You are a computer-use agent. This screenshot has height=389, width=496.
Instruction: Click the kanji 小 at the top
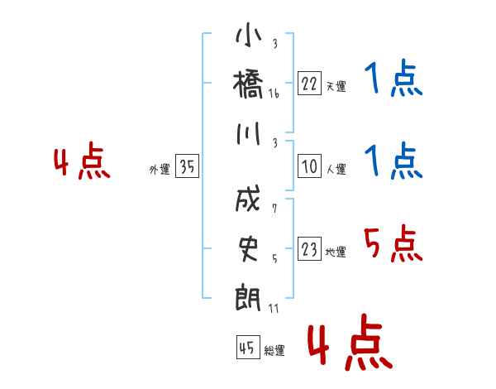point(249,35)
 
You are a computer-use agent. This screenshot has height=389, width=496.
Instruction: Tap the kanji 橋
point(248,84)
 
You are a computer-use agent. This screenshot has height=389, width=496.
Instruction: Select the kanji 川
point(249,134)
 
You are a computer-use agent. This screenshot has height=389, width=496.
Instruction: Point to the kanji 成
point(248,199)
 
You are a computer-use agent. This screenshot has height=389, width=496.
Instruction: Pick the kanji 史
point(248,249)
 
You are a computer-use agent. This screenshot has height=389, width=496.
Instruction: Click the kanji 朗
point(248,297)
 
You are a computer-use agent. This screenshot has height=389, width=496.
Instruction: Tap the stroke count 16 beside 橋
point(274,94)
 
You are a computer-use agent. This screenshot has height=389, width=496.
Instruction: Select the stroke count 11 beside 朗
point(274,308)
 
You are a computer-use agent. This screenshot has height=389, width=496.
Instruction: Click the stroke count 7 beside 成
point(274,209)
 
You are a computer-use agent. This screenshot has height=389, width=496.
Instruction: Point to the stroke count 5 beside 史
point(274,259)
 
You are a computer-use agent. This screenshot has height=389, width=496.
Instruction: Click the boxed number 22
point(309,84)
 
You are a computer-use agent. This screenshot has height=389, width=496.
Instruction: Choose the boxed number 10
point(309,166)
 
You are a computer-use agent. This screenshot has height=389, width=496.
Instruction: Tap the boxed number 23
point(309,248)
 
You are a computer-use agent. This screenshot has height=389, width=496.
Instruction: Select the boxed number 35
point(187,166)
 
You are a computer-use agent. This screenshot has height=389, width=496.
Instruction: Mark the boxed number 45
point(248,347)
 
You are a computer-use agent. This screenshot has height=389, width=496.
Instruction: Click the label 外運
point(160,170)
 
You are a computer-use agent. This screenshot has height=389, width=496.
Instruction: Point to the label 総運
point(274,351)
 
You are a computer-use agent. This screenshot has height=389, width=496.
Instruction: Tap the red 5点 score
point(393,244)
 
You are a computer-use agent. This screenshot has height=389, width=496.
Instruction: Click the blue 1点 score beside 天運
point(393,78)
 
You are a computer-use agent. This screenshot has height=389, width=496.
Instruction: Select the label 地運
point(336,252)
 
